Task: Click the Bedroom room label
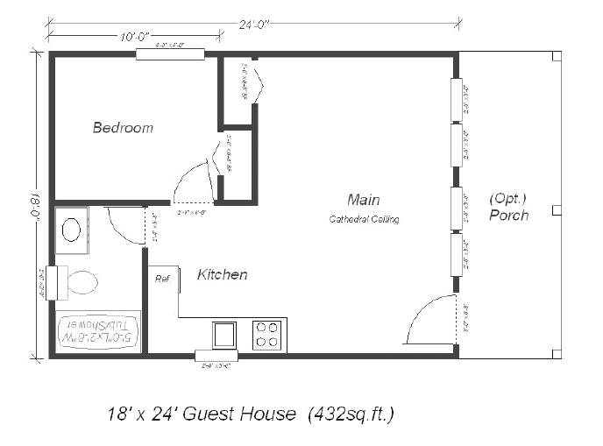click(x=123, y=128)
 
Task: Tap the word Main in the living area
click(x=363, y=200)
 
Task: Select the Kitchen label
click(x=222, y=275)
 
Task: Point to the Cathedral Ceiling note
click(x=364, y=219)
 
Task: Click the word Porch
click(x=508, y=215)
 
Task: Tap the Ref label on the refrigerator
click(x=162, y=279)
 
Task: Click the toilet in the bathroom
click(x=77, y=282)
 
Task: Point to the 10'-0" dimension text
click(x=132, y=37)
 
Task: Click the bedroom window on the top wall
click(x=170, y=54)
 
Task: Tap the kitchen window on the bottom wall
click(x=216, y=356)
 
